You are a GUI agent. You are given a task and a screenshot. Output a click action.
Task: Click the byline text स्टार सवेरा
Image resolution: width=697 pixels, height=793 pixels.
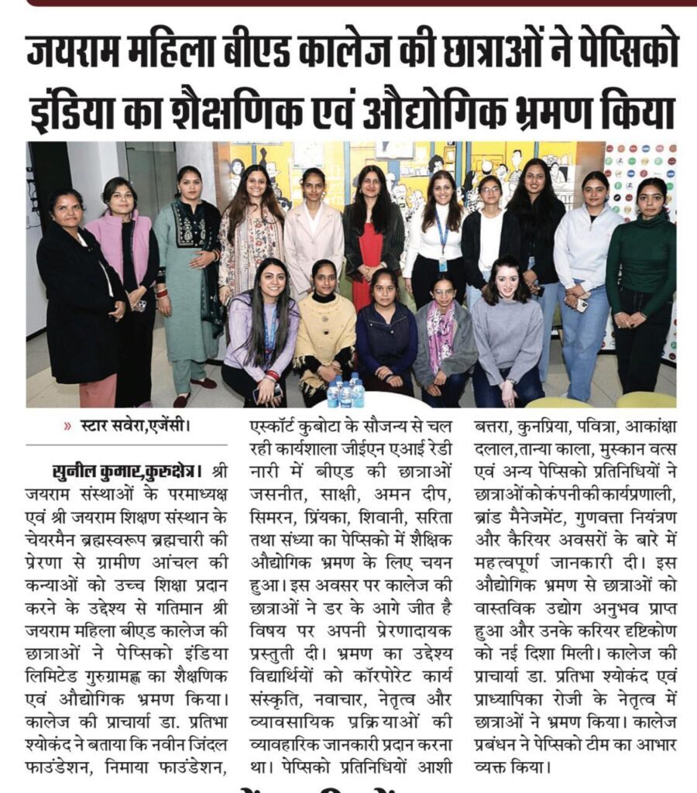click(x=111, y=424)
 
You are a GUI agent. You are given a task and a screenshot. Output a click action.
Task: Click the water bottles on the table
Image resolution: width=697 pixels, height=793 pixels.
click(x=345, y=392)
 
